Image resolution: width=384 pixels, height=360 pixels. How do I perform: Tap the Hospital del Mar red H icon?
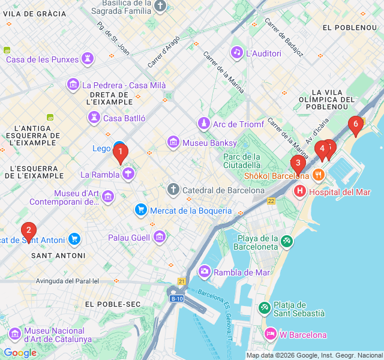299,192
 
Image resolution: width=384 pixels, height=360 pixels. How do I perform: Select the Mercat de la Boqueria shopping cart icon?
141,210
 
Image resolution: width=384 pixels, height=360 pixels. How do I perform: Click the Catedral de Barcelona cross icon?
173,190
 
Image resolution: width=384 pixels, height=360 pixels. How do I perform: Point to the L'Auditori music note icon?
237,53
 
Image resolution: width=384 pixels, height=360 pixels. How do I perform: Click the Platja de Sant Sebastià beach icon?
265,308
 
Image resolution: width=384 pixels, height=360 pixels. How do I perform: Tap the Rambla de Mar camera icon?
205,272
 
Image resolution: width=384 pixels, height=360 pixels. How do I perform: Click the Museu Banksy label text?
203,143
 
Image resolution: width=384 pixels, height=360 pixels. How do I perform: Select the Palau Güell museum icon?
159,237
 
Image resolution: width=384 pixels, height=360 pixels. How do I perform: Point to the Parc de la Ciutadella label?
243,160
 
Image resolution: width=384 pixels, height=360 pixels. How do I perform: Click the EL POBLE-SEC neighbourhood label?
112,304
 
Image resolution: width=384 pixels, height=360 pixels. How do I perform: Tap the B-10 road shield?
176,298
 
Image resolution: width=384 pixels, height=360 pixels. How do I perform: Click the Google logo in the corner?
20,353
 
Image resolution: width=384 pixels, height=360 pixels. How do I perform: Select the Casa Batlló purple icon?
94,118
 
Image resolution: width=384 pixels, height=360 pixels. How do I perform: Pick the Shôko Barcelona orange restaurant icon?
318,176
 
